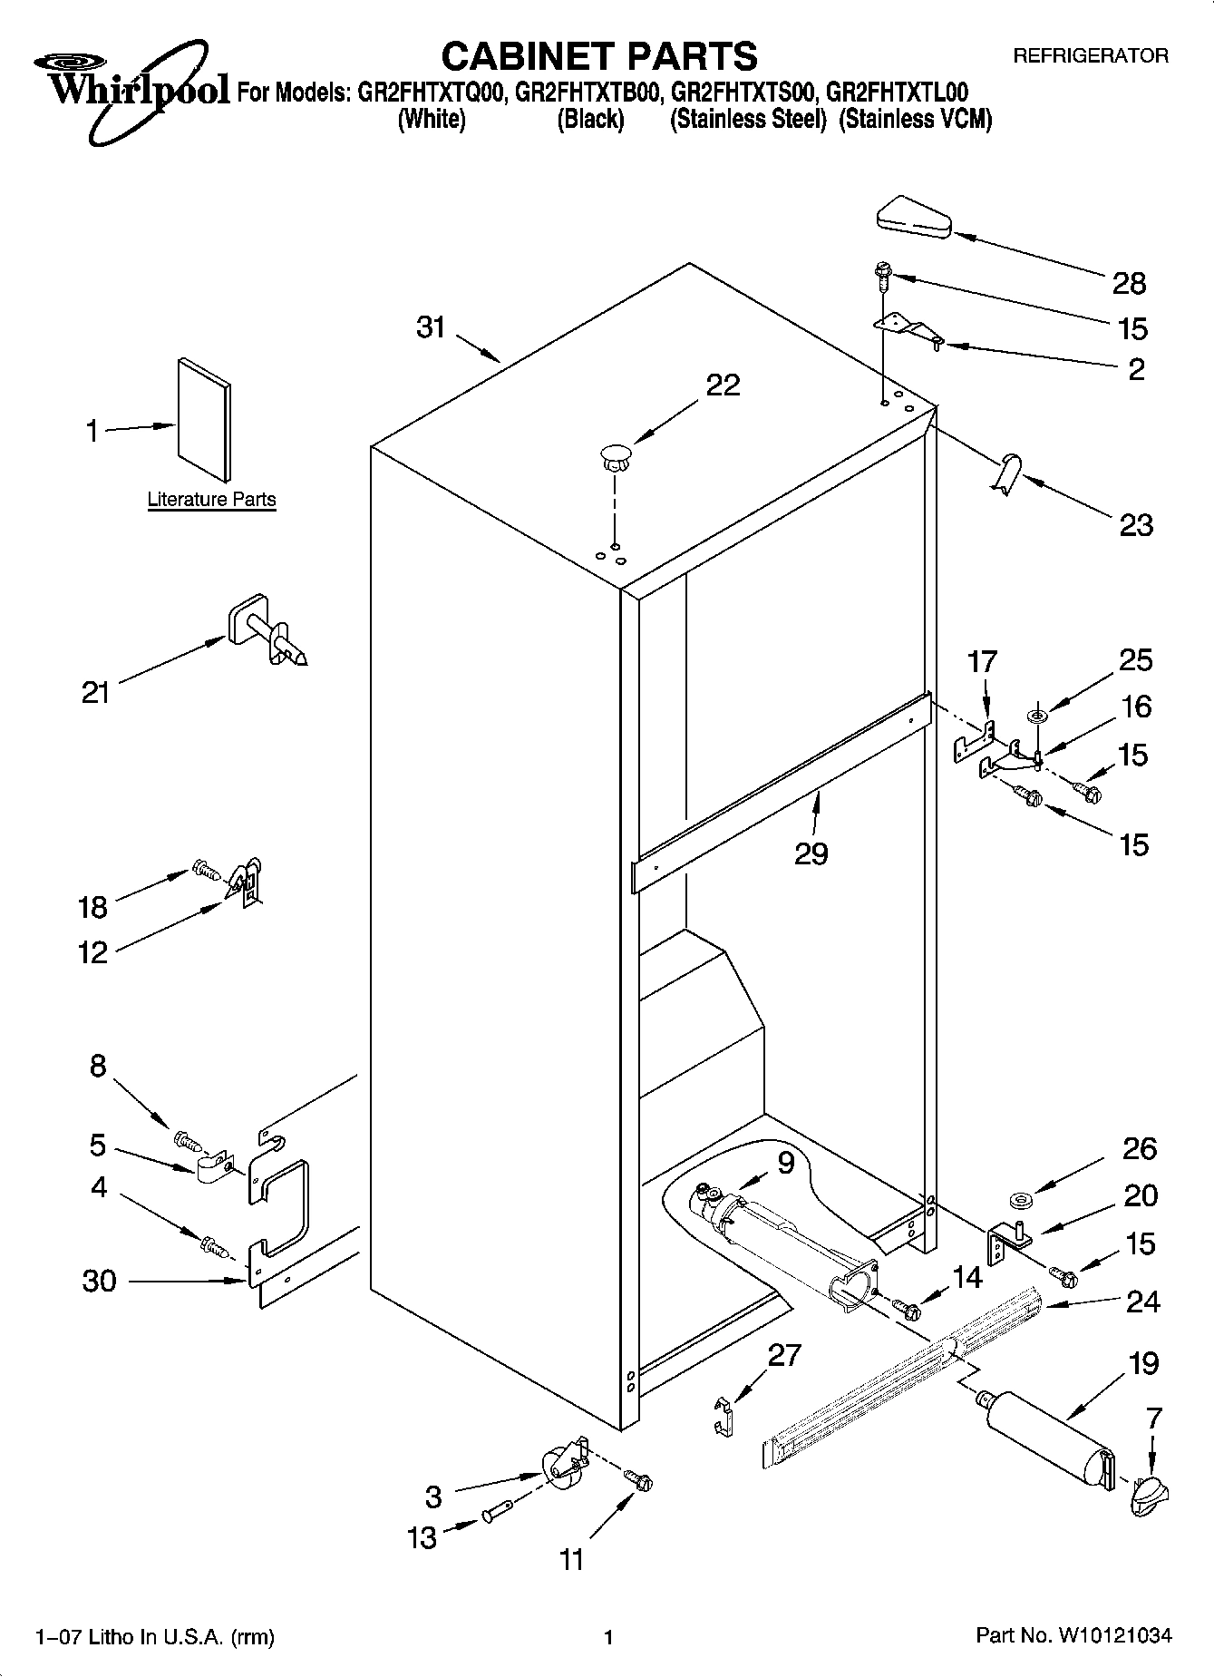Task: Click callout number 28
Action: tap(1129, 284)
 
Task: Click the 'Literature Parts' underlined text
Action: tap(211, 500)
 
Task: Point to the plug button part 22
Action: tap(615, 455)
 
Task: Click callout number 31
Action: tap(431, 327)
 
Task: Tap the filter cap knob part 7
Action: tap(1150, 1494)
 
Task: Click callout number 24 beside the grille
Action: tap(1141, 1302)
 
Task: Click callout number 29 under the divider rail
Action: tap(811, 853)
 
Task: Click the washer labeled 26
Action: tap(1022, 1202)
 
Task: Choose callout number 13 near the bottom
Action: tap(422, 1538)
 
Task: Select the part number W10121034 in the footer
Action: tap(1111, 1636)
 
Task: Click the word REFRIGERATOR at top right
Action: tap(1090, 56)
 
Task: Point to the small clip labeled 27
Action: tap(723, 1416)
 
